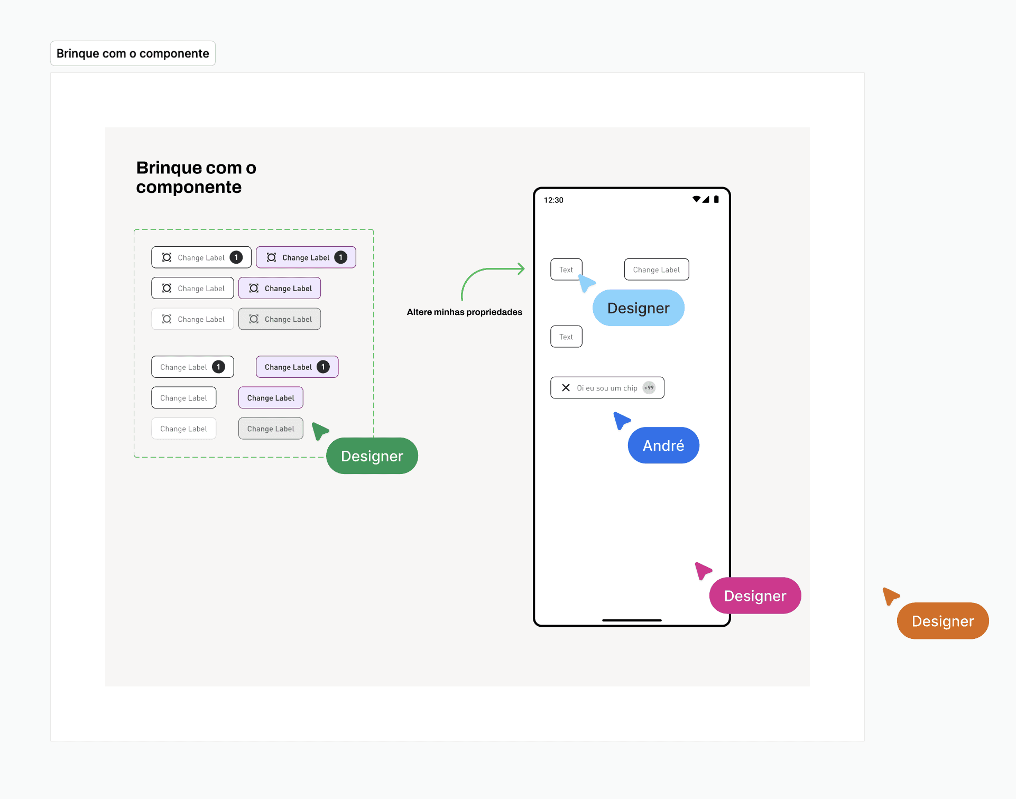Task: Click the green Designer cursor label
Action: [x=372, y=456]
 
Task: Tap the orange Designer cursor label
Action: [x=943, y=621]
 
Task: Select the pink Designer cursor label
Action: [x=755, y=596]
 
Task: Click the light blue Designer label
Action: [x=638, y=308]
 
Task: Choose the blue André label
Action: [x=663, y=445]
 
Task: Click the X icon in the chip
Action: [x=566, y=388]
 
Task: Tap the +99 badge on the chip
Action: [x=649, y=388]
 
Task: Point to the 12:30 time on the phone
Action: [x=553, y=200]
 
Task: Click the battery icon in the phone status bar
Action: [x=716, y=199]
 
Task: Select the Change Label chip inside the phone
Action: [x=656, y=270]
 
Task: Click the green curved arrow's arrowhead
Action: [x=521, y=268]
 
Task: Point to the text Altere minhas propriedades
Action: [x=464, y=312]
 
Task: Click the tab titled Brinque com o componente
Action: [x=133, y=53]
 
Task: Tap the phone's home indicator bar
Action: [x=632, y=620]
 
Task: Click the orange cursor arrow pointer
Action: [x=890, y=596]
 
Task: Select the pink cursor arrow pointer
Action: [x=703, y=571]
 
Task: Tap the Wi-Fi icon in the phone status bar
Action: [x=697, y=199]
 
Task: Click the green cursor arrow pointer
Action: [x=319, y=431]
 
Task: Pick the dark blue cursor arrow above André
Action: [x=621, y=421]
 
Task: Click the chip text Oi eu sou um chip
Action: [x=607, y=388]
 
